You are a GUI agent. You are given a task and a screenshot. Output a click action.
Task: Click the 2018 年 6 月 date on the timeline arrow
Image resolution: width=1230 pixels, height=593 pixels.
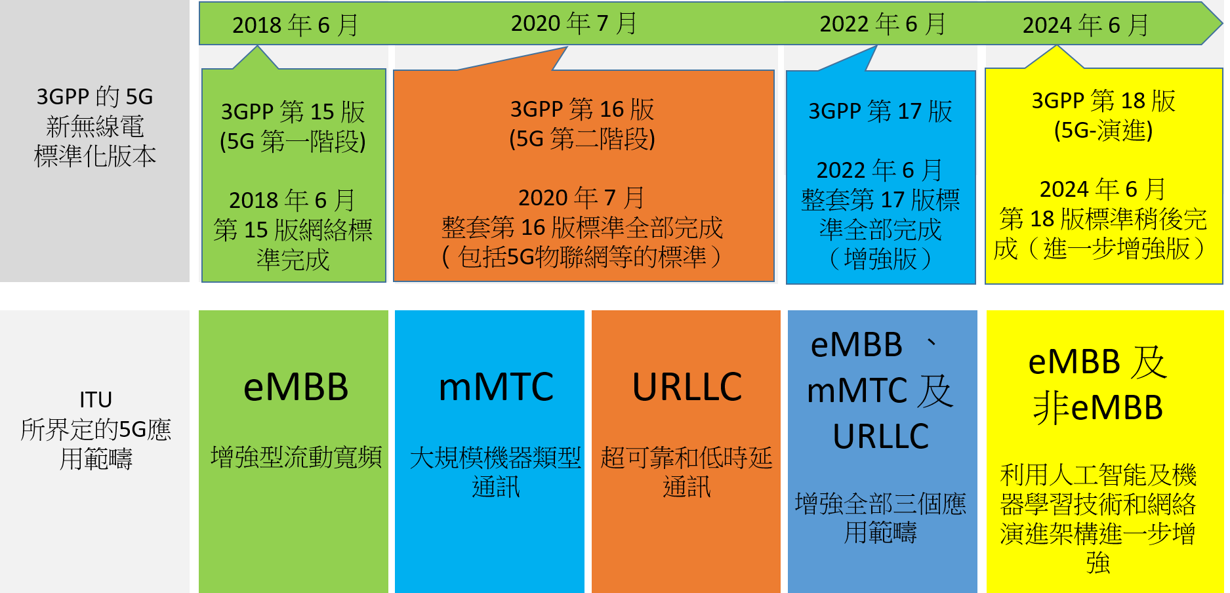295,25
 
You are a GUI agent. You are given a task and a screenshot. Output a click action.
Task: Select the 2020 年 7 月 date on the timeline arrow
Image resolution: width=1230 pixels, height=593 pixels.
574,24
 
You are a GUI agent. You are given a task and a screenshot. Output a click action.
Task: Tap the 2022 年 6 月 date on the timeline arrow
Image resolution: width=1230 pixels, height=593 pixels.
883,24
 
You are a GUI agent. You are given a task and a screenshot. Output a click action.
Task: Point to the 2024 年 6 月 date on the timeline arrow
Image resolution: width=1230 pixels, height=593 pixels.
1086,25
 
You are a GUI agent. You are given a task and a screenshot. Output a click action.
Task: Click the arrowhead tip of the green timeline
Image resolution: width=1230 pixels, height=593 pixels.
1222,24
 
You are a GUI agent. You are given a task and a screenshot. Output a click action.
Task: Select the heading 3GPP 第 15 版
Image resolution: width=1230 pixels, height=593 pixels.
293,112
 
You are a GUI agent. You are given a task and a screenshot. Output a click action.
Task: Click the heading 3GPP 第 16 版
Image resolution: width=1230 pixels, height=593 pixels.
583,109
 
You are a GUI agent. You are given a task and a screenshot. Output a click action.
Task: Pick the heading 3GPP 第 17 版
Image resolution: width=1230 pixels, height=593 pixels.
880,111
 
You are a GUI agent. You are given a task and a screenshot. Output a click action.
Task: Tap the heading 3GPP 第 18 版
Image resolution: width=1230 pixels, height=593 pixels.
1103,101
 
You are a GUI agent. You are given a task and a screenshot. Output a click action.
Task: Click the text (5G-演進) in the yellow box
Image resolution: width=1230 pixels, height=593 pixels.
1103,131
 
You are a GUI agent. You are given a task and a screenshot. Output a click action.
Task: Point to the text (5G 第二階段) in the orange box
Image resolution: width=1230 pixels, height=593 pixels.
583,139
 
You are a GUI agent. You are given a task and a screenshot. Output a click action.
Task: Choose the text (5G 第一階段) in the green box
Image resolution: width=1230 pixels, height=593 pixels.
293,142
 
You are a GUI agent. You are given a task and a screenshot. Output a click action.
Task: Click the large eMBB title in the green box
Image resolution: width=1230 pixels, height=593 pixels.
296,387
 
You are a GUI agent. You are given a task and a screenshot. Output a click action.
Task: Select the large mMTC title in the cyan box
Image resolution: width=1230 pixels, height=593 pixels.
496,387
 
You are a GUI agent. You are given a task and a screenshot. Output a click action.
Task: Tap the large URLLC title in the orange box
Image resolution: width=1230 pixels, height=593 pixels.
687,387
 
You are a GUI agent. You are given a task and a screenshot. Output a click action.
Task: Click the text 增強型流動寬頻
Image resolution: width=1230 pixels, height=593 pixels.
296,457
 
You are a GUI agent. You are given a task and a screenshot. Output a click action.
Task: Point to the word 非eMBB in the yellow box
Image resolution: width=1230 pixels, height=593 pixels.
1098,407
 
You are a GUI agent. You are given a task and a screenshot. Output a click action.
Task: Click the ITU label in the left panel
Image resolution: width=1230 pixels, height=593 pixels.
96,399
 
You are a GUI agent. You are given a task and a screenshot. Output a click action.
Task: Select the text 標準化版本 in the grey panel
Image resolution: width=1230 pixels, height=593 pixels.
95,156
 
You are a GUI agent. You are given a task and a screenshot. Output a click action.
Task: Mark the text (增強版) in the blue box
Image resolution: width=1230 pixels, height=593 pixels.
880,259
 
